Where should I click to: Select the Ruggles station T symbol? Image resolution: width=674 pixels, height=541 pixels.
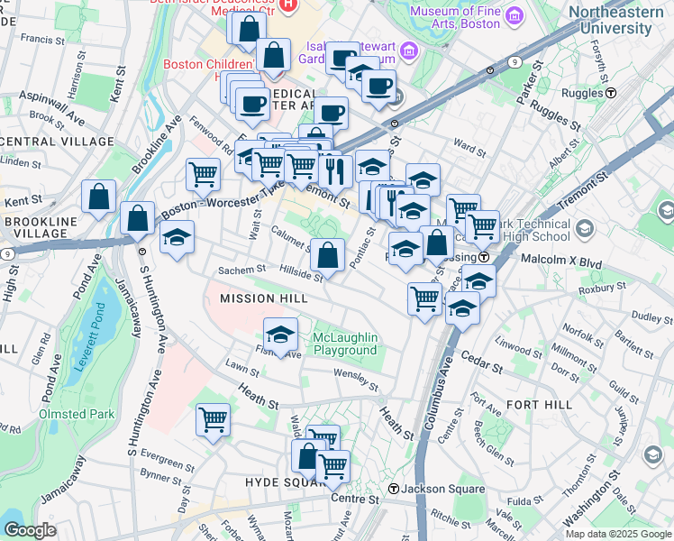(611, 93)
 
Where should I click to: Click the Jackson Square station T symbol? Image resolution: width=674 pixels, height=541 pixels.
(394, 489)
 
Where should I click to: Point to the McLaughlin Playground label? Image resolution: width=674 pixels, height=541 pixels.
(344, 344)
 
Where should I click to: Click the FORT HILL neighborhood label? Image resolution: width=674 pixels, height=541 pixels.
(539, 405)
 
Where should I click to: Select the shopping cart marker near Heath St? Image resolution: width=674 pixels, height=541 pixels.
(213, 417)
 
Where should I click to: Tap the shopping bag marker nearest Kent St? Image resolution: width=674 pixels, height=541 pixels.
(98, 196)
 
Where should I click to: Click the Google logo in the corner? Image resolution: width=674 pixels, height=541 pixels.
(30, 530)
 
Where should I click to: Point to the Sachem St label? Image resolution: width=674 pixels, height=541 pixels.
(241, 269)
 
